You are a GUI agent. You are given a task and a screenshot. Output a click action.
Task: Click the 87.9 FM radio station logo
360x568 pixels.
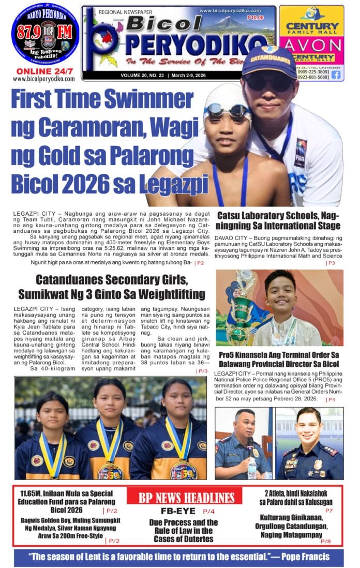[45, 34]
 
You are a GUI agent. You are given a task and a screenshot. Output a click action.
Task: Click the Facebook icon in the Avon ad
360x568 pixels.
[336, 74]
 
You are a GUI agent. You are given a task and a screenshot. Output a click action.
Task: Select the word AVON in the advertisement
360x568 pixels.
[311, 45]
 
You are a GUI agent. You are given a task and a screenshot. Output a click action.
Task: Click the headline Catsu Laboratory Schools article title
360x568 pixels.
[278, 220]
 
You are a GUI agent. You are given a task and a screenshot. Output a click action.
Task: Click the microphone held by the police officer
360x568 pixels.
[250, 445]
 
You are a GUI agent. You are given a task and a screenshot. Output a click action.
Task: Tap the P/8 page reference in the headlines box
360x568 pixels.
[325, 541]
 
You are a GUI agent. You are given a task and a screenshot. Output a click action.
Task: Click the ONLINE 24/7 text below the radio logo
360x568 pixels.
[44, 71]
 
